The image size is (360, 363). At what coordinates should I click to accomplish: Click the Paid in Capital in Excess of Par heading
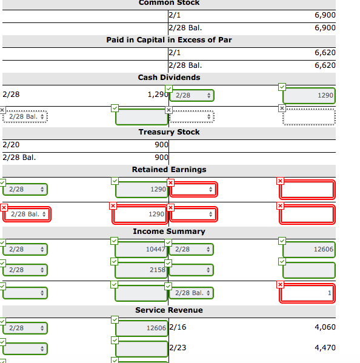tap(169, 40)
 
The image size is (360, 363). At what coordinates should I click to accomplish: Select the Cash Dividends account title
tap(169, 78)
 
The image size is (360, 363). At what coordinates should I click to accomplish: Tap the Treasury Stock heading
tap(169, 132)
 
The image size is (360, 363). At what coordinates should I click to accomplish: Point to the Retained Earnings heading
tap(169, 170)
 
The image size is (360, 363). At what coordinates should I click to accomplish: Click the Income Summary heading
tap(169, 231)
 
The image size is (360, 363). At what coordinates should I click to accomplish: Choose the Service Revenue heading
tap(169, 310)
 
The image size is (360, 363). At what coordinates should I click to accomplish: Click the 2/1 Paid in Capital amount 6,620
tap(325, 53)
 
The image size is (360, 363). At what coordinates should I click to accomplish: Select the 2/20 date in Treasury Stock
tap(11, 145)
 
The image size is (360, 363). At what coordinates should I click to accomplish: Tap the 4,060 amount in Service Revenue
tap(325, 327)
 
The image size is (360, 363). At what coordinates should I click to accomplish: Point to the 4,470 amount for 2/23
tap(325, 348)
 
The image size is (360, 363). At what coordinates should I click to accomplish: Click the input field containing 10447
tap(141, 249)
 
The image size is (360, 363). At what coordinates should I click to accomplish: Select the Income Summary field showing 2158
tap(141, 270)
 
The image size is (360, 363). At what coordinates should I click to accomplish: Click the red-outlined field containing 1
tap(307, 293)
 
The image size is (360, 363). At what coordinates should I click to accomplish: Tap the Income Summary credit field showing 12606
tap(309, 249)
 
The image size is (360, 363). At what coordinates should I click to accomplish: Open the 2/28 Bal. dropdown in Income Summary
tap(192, 293)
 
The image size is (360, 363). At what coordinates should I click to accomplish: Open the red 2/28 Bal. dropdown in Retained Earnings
tap(27, 214)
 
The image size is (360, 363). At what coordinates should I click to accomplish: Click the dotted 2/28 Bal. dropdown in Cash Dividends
tap(25, 117)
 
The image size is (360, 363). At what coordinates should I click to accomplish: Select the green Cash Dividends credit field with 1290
tap(309, 95)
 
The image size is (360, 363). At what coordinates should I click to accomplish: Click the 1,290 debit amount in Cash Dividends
tap(158, 95)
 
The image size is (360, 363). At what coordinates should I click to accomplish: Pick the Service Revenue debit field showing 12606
tap(141, 328)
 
